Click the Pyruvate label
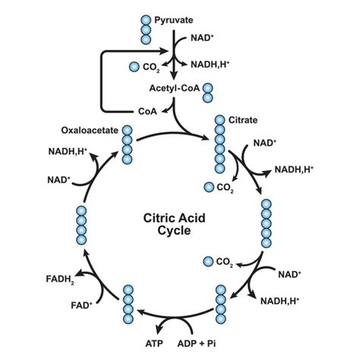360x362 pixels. click(x=174, y=18)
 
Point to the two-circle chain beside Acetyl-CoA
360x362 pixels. click(x=207, y=93)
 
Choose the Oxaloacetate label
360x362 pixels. click(x=88, y=130)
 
